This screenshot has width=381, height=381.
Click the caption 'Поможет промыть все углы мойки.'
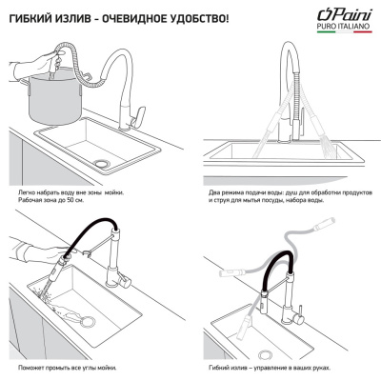[70, 366]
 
